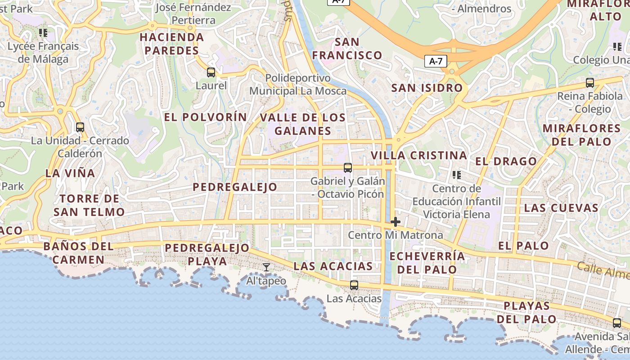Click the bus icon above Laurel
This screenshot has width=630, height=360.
[211, 72]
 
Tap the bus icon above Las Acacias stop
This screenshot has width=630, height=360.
[354, 285]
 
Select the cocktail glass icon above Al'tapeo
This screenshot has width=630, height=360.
[266, 267]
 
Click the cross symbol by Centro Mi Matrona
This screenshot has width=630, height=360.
[396, 222]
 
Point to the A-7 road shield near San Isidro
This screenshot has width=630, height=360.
[436, 61]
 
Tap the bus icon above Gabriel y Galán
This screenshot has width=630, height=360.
[347, 168]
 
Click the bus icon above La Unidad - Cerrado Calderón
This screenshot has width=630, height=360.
[80, 127]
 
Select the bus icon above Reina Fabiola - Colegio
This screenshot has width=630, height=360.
[589, 83]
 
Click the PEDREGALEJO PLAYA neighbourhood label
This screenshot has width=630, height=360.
[207, 254]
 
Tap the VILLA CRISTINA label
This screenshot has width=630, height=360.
[418, 156]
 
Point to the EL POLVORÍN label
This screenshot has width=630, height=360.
[205, 117]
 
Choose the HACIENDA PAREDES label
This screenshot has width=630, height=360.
[171, 44]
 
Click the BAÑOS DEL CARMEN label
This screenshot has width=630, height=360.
[78, 253]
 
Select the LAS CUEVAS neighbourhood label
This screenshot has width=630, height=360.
[561, 208]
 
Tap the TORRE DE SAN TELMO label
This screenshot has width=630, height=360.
[89, 205]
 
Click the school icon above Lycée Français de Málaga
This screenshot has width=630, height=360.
[43, 32]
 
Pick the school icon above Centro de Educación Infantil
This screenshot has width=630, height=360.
[457, 175]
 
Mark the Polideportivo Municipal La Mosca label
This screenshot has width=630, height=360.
[298, 85]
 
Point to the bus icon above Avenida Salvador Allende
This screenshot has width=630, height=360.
[616, 323]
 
